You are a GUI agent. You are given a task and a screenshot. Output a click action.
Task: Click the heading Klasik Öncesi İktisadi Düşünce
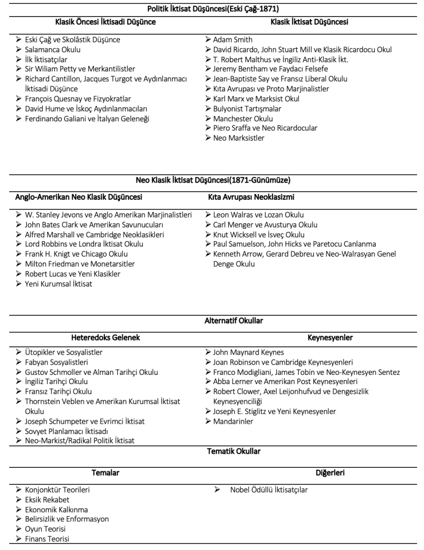[x=105, y=22]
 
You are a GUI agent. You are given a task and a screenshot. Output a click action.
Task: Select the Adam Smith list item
[x=232, y=40]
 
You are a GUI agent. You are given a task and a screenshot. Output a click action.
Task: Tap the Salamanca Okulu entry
[x=53, y=49]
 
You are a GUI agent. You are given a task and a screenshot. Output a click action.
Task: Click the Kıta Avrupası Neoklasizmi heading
[x=251, y=197]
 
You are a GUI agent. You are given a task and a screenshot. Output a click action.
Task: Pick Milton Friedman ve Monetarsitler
[x=80, y=264]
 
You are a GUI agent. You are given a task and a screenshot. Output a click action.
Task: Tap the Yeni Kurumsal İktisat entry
[x=59, y=284]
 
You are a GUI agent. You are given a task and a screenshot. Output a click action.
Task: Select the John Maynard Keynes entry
[x=248, y=353]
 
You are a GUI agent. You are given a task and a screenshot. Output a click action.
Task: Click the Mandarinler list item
[x=233, y=422]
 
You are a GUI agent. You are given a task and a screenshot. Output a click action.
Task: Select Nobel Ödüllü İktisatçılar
[x=269, y=490]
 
